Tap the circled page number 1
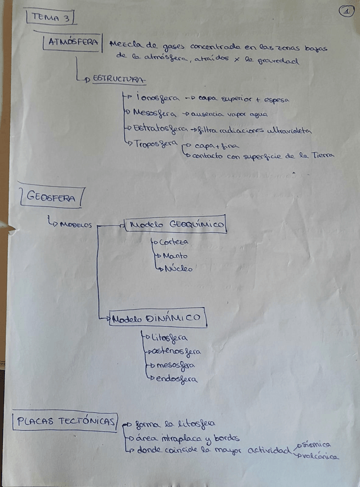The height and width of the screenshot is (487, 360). pos(346,10)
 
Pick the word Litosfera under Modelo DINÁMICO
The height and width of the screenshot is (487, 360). pos(167,337)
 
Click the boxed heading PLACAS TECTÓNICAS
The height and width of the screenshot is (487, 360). pos(65,422)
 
